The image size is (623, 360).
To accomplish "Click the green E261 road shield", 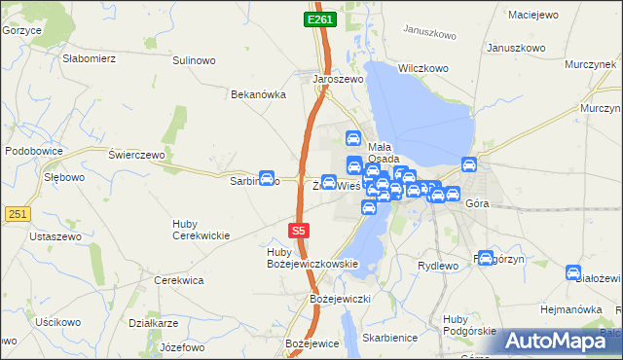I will pos(318,19).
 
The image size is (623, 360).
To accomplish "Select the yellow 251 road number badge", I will pos(15,213).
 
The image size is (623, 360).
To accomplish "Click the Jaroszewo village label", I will pos(338,80).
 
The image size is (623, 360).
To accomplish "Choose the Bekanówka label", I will pos(257,94).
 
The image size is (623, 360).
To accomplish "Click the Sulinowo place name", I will pos(193,60).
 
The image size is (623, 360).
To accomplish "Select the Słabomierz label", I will pos(90,57).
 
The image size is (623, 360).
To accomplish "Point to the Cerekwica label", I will pos(179,280).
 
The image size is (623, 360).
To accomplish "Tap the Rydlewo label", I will pos(437,266).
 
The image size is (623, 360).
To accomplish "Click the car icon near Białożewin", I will pos(574,274).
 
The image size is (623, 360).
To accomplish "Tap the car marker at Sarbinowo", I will pos(266,176).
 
